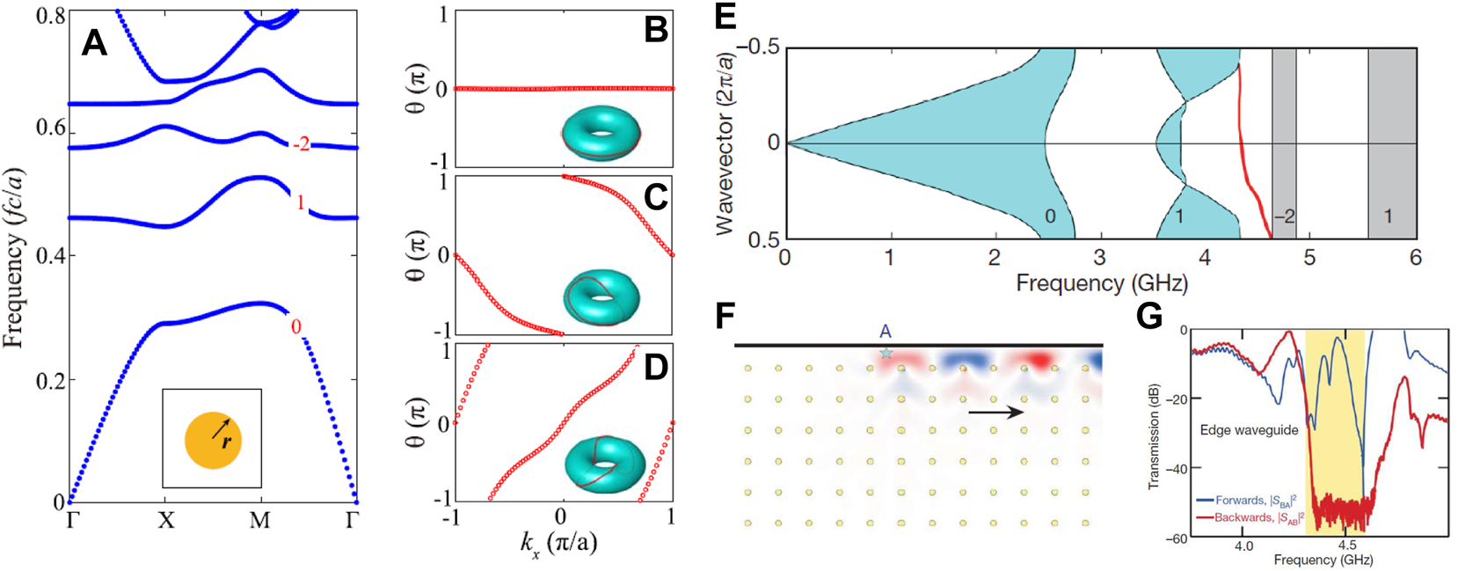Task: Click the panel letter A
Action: pos(94,42)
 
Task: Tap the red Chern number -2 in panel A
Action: pos(301,143)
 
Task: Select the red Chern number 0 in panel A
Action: pos(295,327)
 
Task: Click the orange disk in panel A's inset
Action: pos(213,440)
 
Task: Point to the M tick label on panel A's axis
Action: pos(259,521)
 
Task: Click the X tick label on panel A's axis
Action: pos(165,521)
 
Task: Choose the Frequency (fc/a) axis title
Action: pos(14,257)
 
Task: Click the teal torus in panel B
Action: pos(601,134)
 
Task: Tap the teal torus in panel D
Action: pos(605,463)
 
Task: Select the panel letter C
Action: pos(655,197)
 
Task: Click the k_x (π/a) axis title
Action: pos(558,543)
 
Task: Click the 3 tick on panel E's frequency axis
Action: pos(1099,257)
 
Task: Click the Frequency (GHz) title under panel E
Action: pos(1102,283)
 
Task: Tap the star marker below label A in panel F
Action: pos(886,353)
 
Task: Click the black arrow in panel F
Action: pos(995,412)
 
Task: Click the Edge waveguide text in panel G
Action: pos(1249,430)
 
